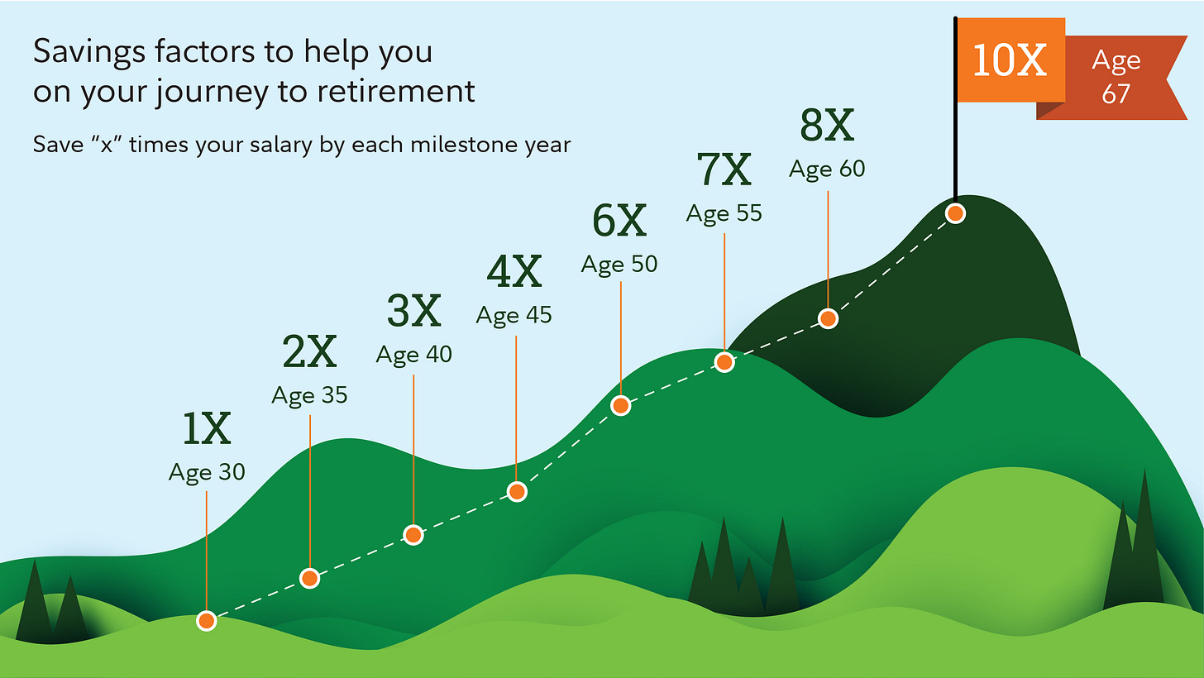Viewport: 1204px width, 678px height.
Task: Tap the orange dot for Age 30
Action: pyautogui.click(x=207, y=620)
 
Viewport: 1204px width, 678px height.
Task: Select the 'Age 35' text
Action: pyautogui.click(x=309, y=395)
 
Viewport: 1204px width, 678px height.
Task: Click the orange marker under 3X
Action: pyautogui.click(x=413, y=535)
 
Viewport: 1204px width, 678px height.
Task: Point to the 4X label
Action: pyautogui.click(x=514, y=272)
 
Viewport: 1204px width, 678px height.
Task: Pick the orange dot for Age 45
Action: pyautogui.click(x=517, y=492)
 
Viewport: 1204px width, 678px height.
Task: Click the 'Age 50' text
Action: pyautogui.click(x=619, y=264)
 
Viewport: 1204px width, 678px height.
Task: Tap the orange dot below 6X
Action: pyautogui.click(x=620, y=405)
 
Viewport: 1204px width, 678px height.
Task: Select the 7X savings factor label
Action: pyautogui.click(x=724, y=171)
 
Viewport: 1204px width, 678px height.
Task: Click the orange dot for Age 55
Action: pyautogui.click(x=724, y=362)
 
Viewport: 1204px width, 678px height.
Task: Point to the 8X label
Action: pyautogui.click(x=827, y=126)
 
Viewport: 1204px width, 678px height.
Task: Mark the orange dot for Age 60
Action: pyautogui.click(x=828, y=318)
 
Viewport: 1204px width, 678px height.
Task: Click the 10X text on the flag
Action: pyautogui.click(x=1010, y=61)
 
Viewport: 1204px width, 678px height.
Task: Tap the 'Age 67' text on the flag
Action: pyautogui.click(x=1116, y=77)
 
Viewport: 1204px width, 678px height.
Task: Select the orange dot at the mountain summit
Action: pyautogui.click(x=955, y=213)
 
